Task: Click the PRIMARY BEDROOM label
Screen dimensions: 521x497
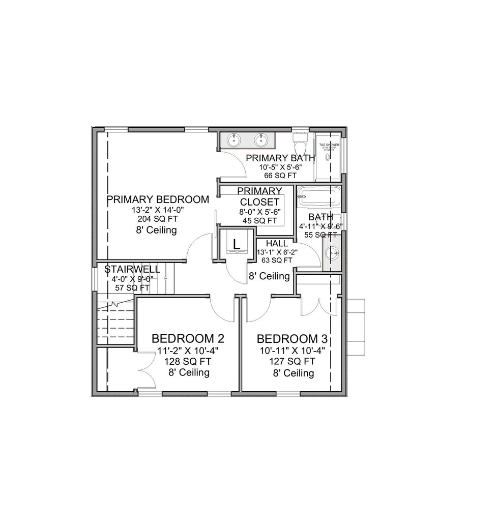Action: pos(158,199)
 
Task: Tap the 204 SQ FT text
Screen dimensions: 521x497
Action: pos(157,219)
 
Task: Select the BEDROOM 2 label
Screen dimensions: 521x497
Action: pos(188,339)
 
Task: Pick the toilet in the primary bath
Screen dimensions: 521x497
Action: pos(300,138)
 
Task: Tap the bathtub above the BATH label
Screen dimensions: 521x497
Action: pos(319,196)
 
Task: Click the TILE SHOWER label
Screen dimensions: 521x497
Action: pos(329,145)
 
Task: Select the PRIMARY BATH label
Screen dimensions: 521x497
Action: pos(280,158)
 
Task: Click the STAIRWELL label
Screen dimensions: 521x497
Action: pos(132,269)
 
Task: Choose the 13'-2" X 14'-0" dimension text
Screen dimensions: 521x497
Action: pos(157,210)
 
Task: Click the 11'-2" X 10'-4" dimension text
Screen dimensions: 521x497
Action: pos(189,351)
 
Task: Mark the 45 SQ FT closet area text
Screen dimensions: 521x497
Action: pos(259,221)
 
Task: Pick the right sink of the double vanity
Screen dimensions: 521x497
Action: pos(261,139)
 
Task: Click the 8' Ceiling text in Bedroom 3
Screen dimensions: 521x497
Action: pos(293,373)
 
